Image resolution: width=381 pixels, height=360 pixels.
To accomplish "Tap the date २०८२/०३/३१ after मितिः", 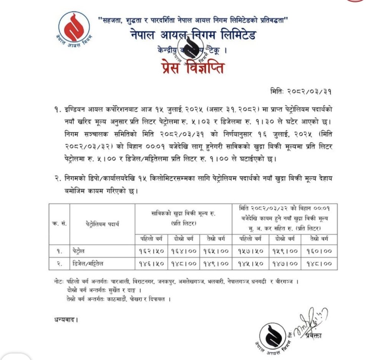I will (x=313, y=91).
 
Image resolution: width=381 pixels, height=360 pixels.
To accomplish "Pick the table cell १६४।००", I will (x=184, y=251).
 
